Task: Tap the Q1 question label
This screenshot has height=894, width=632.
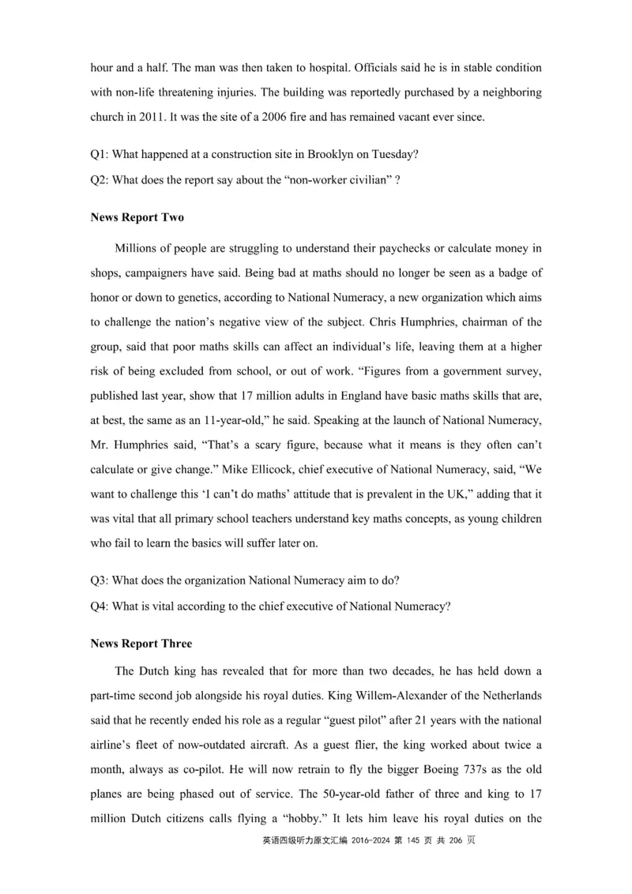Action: [x=100, y=155]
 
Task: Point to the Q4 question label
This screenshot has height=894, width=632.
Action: [x=100, y=606]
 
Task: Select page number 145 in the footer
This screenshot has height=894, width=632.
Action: [x=415, y=841]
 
